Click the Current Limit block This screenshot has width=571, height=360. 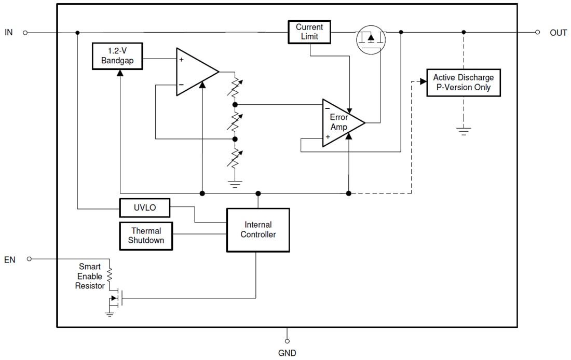click(309, 32)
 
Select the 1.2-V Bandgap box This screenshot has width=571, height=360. click(117, 56)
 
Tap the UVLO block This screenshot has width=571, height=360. click(145, 209)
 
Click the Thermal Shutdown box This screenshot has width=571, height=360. click(146, 236)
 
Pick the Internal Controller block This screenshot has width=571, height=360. click(258, 230)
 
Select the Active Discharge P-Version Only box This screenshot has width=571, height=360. click(464, 82)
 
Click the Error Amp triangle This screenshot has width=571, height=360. click(340, 123)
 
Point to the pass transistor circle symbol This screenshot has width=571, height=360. click(371, 38)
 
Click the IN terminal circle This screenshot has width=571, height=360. click(25, 32)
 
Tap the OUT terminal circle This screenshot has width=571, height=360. click(538, 32)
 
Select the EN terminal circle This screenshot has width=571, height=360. click(29, 259)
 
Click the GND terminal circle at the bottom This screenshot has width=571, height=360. click(287, 341)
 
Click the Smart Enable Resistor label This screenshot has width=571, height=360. click(90, 276)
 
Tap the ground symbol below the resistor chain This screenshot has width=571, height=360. click(235, 184)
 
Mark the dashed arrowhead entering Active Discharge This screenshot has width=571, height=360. click(420, 81)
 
